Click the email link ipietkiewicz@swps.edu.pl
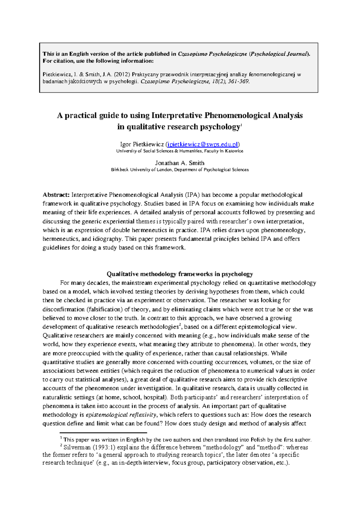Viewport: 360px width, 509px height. click(x=203, y=144)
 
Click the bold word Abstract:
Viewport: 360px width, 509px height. click(x=56, y=195)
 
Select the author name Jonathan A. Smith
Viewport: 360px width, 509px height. click(x=179, y=163)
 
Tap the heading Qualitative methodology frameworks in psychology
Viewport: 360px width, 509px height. click(x=180, y=274)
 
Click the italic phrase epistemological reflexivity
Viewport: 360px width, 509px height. click(x=121, y=415)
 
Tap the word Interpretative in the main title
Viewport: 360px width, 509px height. click(x=177, y=116)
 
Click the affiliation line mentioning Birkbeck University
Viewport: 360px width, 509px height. click(x=180, y=170)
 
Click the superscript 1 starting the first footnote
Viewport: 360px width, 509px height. click(x=61, y=438)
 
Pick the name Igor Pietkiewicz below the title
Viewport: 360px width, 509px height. click(x=142, y=144)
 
